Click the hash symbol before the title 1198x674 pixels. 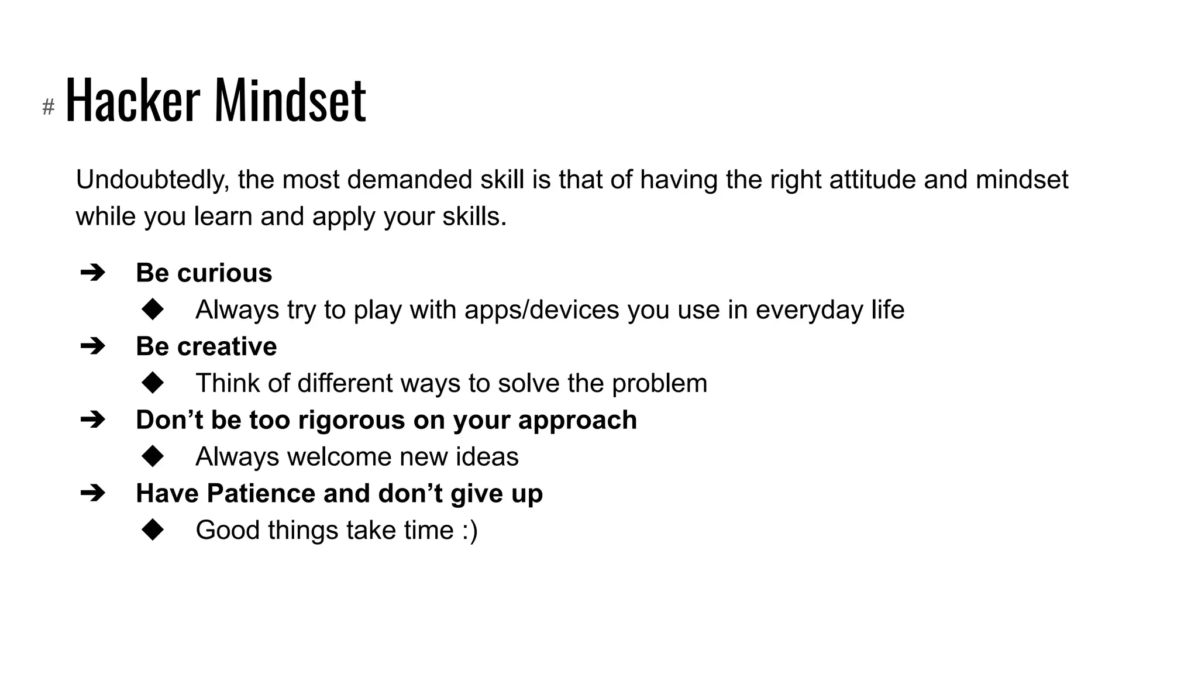(x=49, y=107)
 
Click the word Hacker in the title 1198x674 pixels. (x=133, y=101)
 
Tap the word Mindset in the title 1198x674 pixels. (x=291, y=101)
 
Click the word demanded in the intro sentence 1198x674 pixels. (x=409, y=180)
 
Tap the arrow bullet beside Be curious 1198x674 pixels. (x=92, y=273)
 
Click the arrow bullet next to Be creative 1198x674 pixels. (x=92, y=346)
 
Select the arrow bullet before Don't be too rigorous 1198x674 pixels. (x=92, y=419)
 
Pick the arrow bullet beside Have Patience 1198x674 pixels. (x=92, y=493)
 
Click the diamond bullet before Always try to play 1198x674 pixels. (x=153, y=310)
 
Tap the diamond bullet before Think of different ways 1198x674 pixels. (x=153, y=383)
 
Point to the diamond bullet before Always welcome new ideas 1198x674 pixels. (x=153, y=456)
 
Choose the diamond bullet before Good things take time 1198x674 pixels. (x=153, y=530)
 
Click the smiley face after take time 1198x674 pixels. (x=470, y=531)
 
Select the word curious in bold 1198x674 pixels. (x=225, y=273)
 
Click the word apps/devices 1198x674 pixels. (x=542, y=310)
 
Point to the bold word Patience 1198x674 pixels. (x=260, y=493)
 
